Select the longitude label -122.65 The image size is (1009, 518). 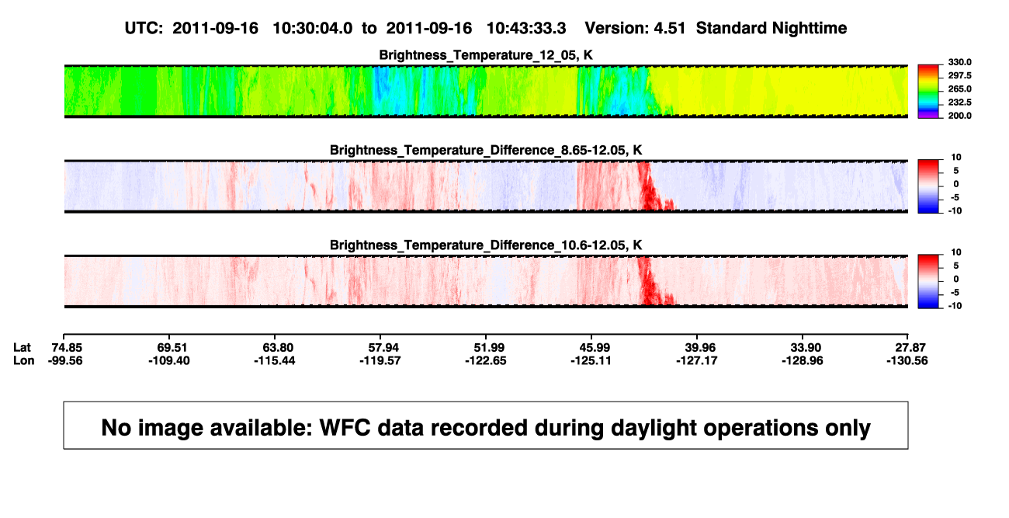point(486,360)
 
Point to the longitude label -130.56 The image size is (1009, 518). point(907,360)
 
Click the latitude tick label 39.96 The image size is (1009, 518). point(700,348)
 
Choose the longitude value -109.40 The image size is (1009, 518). point(169,360)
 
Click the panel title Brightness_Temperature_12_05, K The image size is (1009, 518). point(486,55)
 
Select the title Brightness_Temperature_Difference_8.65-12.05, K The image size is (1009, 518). point(486,150)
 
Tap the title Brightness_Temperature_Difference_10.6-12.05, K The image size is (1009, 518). point(486,245)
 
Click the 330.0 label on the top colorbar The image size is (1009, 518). point(959,62)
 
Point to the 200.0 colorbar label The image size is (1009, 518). point(959,116)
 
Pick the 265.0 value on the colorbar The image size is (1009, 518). point(959,89)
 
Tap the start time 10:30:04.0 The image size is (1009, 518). point(313,29)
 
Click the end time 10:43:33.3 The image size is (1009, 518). point(526,29)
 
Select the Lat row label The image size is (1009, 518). point(22,348)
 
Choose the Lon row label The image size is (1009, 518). point(24,360)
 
